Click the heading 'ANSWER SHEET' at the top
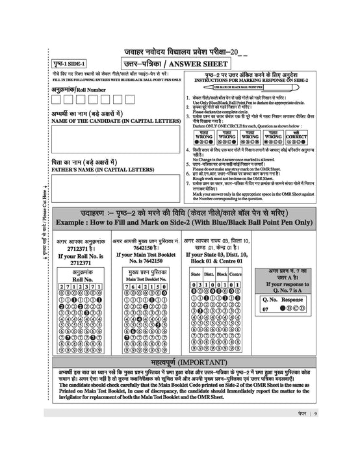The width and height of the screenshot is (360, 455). [x=201, y=64]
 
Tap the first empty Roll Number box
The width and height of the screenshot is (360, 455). [x=57, y=101]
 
